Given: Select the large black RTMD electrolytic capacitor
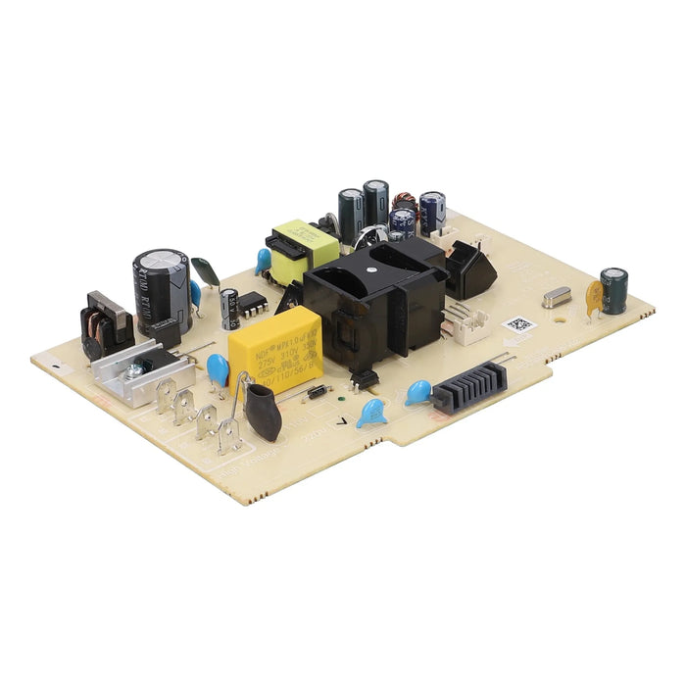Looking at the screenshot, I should point(160,284).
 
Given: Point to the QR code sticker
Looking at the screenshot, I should point(517,323).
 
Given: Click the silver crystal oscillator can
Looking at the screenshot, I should point(556,297).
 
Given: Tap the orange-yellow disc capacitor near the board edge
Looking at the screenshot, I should point(594,297).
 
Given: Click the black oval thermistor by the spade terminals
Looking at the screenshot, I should point(262,409).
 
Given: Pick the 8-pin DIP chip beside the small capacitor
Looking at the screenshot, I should point(254,303).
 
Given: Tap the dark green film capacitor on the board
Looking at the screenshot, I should point(207,270).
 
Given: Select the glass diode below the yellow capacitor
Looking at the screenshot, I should point(318,392).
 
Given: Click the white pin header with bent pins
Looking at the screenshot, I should point(469,322).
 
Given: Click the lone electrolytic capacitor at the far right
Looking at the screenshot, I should point(614,291).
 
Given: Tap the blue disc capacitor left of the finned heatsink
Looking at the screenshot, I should point(418,392).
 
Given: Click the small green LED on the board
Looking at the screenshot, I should point(339,397).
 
